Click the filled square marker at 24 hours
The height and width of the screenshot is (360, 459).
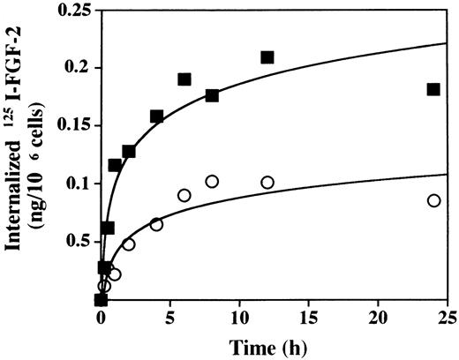click(433, 89)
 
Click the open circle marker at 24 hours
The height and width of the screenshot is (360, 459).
click(433, 201)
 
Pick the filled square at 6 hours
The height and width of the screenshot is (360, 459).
click(184, 79)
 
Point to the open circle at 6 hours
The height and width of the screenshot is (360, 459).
click(184, 195)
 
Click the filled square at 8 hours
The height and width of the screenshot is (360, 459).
click(212, 95)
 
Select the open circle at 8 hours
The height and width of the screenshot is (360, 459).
click(212, 182)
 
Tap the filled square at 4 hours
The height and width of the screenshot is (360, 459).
click(156, 116)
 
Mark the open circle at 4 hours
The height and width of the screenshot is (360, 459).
click(156, 224)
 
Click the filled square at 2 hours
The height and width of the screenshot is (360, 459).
click(129, 151)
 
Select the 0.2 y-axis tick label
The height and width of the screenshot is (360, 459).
click(79, 68)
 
